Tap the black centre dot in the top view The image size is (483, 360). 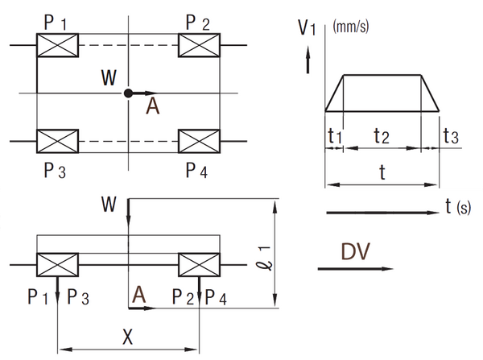pyautogui.click(x=128, y=93)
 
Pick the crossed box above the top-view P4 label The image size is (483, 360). pyautogui.click(x=200, y=142)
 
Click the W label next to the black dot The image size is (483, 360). pyautogui.click(x=109, y=78)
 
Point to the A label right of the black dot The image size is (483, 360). pyautogui.click(x=152, y=107)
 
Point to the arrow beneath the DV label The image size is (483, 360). pyautogui.click(x=354, y=269)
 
